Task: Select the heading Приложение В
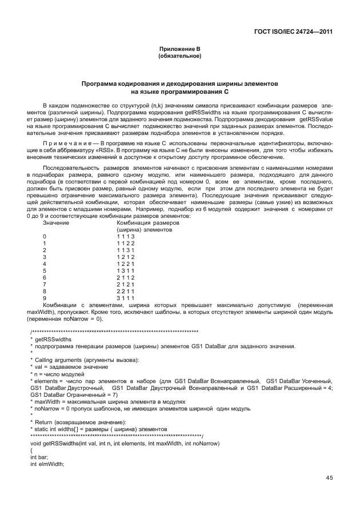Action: coord(179,50)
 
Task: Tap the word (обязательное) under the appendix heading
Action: coord(179,57)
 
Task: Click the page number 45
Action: coord(329,478)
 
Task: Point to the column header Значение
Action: coord(56,222)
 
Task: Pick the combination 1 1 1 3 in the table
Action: coord(126,236)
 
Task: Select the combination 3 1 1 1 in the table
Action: coord(126,298)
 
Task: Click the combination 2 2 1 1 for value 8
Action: coord(126,291)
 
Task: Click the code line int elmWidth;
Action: coord(47,464)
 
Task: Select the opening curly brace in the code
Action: coord(31,451)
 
